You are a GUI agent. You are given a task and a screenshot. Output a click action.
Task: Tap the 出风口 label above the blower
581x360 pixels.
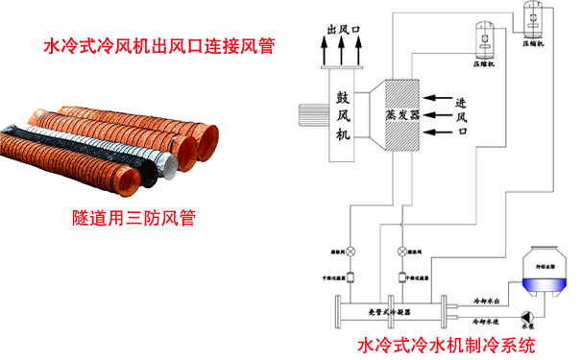[x=343, y=31]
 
